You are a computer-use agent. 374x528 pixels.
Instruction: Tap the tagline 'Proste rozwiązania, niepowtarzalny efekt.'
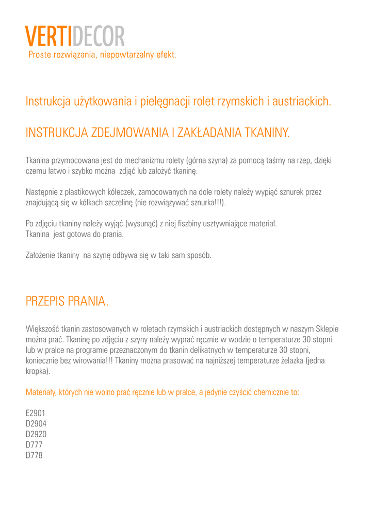tap(102, 55)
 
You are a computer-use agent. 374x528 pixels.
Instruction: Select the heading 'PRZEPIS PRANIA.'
tap(67, 301)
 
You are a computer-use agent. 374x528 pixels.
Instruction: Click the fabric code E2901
tap(36, 414)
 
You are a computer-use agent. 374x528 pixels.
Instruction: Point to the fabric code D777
tap(34, 444)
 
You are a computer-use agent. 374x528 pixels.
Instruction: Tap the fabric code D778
tap(34, 455)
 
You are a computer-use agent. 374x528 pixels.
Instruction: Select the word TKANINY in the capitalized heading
tap(267, 133)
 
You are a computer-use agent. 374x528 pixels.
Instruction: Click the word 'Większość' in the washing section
tap(42, 328)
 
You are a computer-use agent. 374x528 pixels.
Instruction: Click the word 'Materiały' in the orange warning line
tap(41, 392)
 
